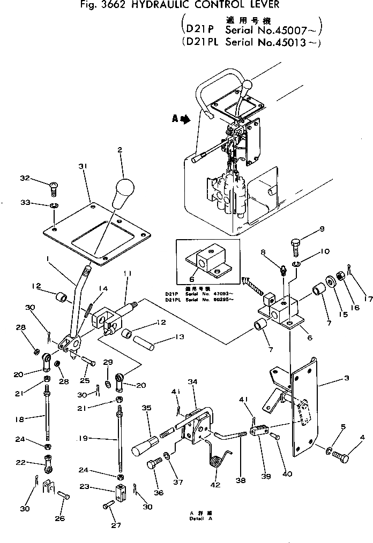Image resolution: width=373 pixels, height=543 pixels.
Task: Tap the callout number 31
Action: pos(82,167)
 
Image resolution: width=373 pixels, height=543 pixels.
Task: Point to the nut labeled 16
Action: pos(340,279)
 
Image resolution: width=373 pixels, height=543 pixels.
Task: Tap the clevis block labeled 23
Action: pos(120,493)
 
